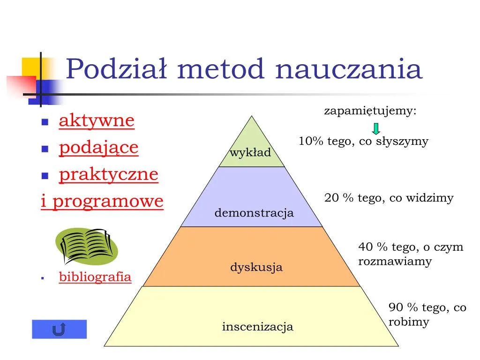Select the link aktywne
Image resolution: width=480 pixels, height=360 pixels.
pyautogui.click(x=97, y=121)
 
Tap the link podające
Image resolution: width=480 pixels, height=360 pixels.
pyautogui.click(x=98, y=148)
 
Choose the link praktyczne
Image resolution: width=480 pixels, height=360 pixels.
pyautogui.click(x=108, y=174)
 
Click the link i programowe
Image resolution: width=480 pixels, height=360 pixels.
pyautogui.click(x=102, y=202)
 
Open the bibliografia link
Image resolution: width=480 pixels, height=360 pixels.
pyautogui.click(x=95, y=277)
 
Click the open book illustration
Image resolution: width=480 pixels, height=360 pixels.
pyautogui.click(x=86, y=246)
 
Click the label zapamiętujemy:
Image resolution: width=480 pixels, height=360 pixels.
pyautogui.click(x=370, y=112)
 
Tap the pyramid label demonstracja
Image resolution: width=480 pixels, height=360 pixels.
pyautogui.click(x=254, y=213)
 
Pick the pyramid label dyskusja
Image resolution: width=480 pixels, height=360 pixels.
pyautogui.click(x=256, y=268)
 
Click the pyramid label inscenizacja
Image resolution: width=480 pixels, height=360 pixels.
pyautogui.click(x=257, y=327)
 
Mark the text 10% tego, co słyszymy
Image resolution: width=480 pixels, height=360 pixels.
pyautogui.click(x=363, y=142)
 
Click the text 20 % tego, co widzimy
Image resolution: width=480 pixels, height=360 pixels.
pyautogui.click(x=389, y=198)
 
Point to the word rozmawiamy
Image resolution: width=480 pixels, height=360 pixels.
pyautogui.click(x=395, y=262)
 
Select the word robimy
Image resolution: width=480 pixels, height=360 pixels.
pyautogui.click(x=408, y=322)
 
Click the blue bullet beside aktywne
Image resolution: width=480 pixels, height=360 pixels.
pyautogui.click(x=45, y=122)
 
